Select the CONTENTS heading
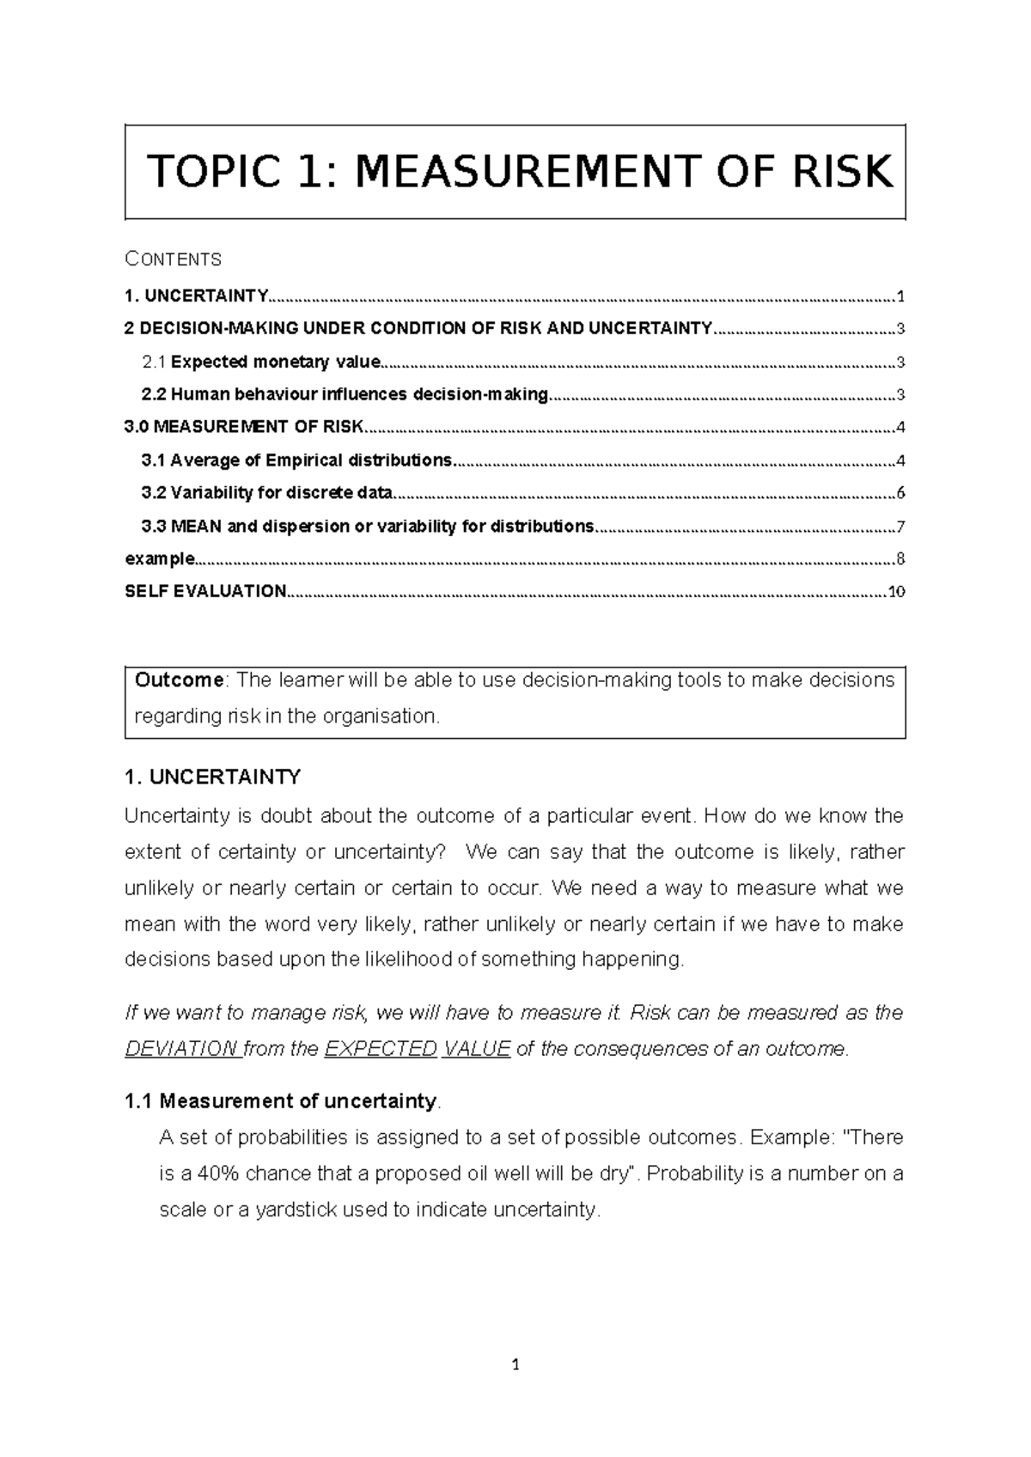pos(174,259)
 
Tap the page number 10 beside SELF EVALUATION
pos(897,592)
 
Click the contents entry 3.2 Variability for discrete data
pos(266,493)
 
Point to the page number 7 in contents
pos(900,527)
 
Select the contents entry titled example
pos(160,559)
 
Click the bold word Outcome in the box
pos(179,680)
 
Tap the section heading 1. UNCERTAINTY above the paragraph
pos(212,777)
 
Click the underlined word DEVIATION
pos(181,1050)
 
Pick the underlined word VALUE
pos(477,1050)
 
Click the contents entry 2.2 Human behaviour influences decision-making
pos(345,394)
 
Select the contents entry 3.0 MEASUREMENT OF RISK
pos(244,427)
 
